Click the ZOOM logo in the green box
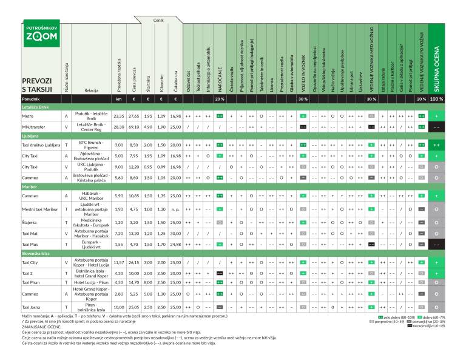tap(41, 36)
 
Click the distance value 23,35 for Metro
tap(119, 115)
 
